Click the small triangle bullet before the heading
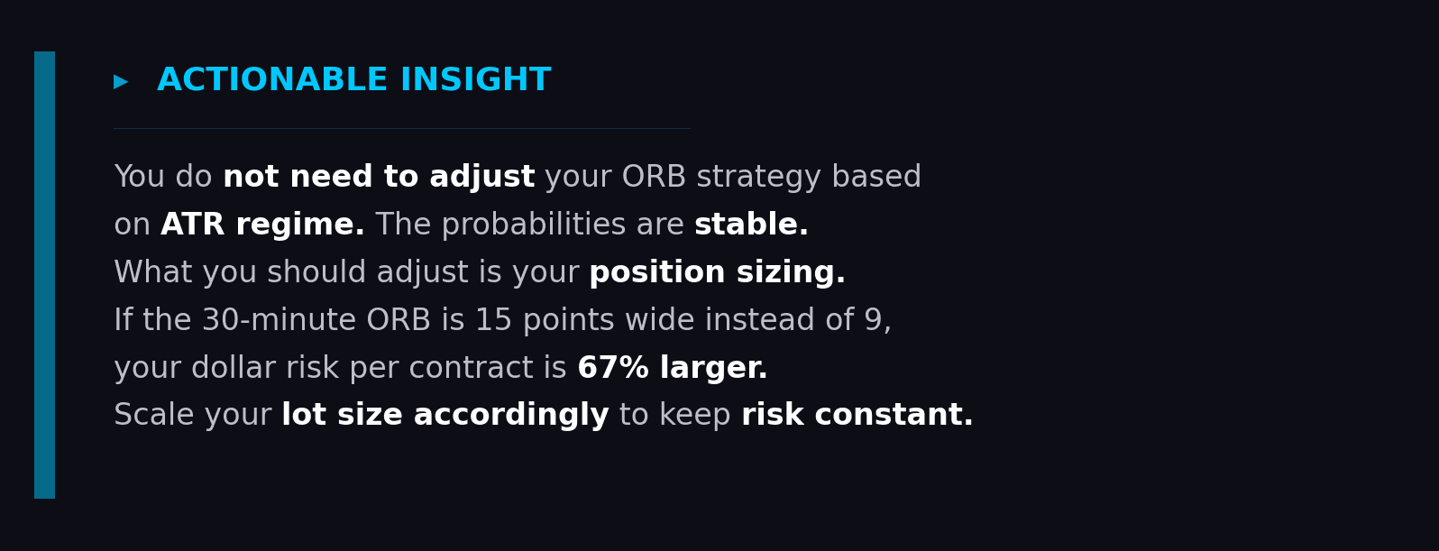(121, 82)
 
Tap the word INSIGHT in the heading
(475, 80)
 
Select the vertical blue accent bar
(44, 274)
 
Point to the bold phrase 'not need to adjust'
(379, 178)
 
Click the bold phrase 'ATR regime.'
(262, 225)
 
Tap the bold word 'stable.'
(751, 225)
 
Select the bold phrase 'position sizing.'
(717, 273)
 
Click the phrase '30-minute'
(279, 321)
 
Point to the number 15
(493, 321)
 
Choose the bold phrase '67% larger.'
(672, 369)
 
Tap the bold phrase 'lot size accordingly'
(445, 416)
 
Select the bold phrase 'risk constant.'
(857, 416)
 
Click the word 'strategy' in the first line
(758, 178)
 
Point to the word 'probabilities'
(533, 225)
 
